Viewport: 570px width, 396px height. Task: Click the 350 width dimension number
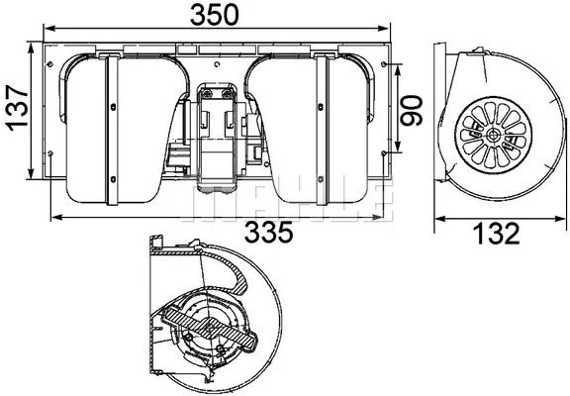click(212, 15)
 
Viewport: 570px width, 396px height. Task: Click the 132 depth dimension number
click(492, 235)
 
